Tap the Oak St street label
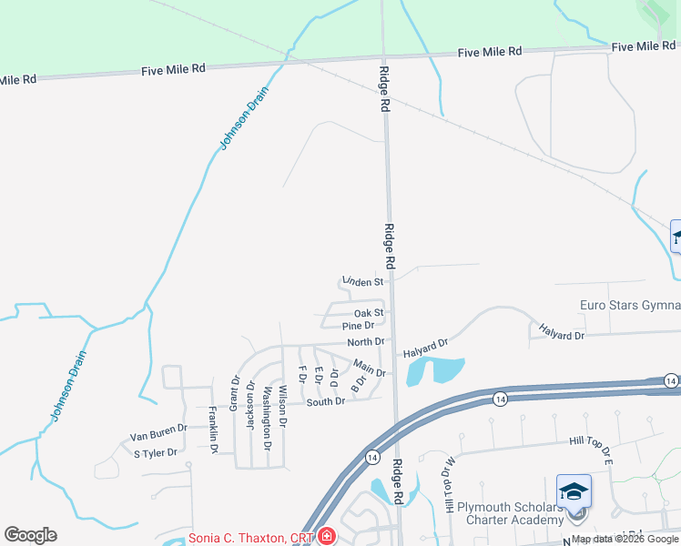point(369,313)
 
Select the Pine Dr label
point(358,326)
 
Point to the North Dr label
point(367,342)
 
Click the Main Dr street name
point(370,368)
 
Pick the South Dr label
point(325,402)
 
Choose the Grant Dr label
point(235,392)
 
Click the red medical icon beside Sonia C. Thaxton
point(326,538)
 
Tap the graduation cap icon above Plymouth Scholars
point(574,491)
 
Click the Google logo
point(30,535)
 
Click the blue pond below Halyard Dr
point(434,369)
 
